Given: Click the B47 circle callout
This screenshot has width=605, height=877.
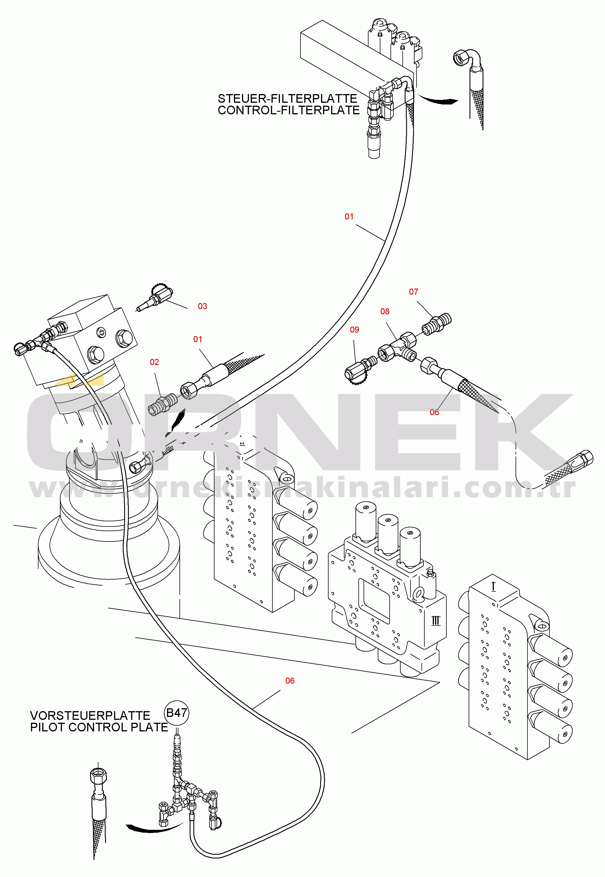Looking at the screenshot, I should (x=177, y=713).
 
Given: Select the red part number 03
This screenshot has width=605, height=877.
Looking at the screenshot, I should (x=202, y=306).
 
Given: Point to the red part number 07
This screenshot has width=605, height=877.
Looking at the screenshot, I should (x=413, y=291).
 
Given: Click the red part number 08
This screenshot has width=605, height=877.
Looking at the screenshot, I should (x=385, y=311).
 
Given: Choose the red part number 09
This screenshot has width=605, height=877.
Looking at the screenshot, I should (x=354, y=329).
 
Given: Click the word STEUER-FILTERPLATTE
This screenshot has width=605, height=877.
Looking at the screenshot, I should (x=287, y=98).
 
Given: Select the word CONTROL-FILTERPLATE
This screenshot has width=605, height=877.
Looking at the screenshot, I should (x=289, y=110).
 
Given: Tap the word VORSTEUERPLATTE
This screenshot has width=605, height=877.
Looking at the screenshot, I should (x=90, y=715).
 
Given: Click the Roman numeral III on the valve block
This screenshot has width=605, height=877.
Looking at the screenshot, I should (x=436, y=621).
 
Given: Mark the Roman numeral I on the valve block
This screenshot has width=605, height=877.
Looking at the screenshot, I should (x=493, y=587).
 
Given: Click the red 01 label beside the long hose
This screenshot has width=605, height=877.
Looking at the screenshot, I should (x=349, y=217).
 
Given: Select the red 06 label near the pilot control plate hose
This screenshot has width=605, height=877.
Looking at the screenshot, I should (x=289, y=681).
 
